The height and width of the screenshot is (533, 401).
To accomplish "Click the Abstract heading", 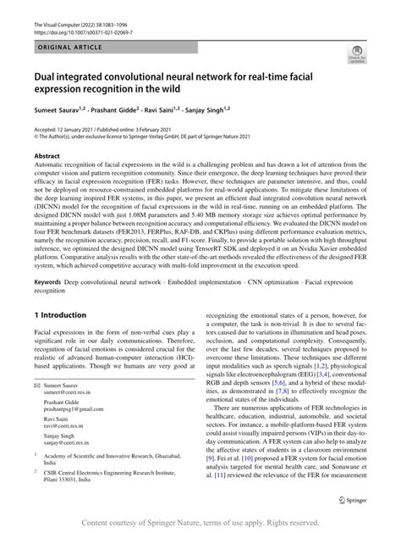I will coord(47,157).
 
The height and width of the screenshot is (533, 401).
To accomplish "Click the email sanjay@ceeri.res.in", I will coord(72,465).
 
